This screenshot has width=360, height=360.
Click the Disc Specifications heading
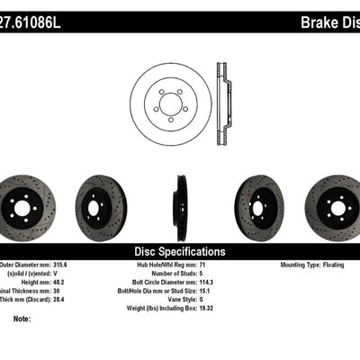[x=180, y=252]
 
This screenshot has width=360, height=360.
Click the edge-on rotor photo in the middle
[x=181, y=207]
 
